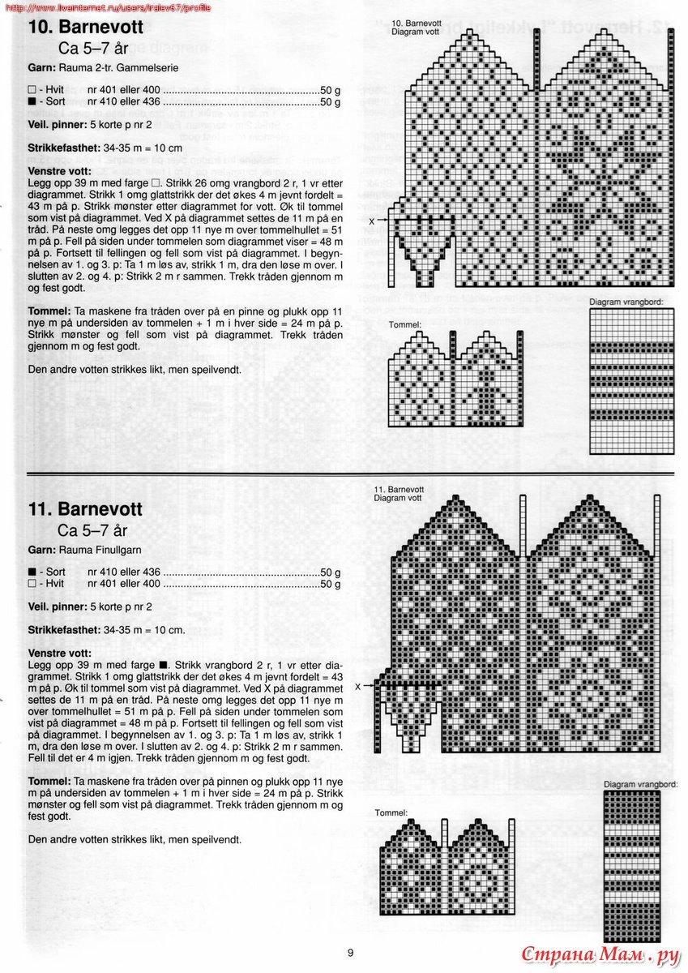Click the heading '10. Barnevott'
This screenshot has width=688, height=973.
click(x=85, y=27)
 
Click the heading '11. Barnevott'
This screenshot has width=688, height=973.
click(x=85, y=509)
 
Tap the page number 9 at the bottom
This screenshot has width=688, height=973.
click(x=350, y=952)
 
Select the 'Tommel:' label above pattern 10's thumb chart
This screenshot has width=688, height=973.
click(x=404, y=324)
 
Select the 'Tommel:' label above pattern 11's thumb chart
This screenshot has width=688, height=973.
click(x=391, y=812)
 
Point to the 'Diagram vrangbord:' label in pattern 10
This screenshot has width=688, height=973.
click(x=626, y=302)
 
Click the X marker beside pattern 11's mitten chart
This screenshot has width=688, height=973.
click(x=357, y=686)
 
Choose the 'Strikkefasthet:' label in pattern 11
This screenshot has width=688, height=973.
click(x=63, y=629)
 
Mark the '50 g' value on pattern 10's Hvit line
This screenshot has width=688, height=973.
click(x=330, y=90)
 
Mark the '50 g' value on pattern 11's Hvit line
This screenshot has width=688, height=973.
click(x=330, y=584)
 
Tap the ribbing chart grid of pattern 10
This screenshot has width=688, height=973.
click(x=631, y=366)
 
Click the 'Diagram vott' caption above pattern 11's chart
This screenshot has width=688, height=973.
click(x=397, y=499)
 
